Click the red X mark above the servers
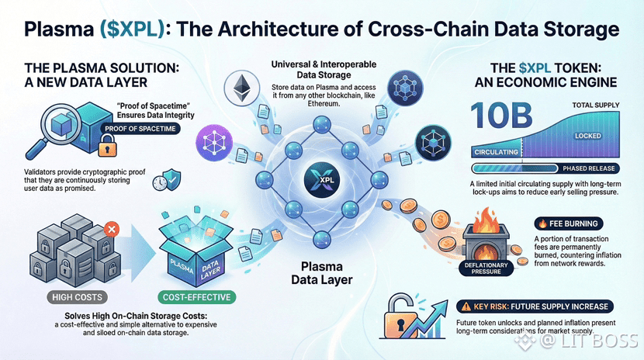[x=110, y=229]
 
